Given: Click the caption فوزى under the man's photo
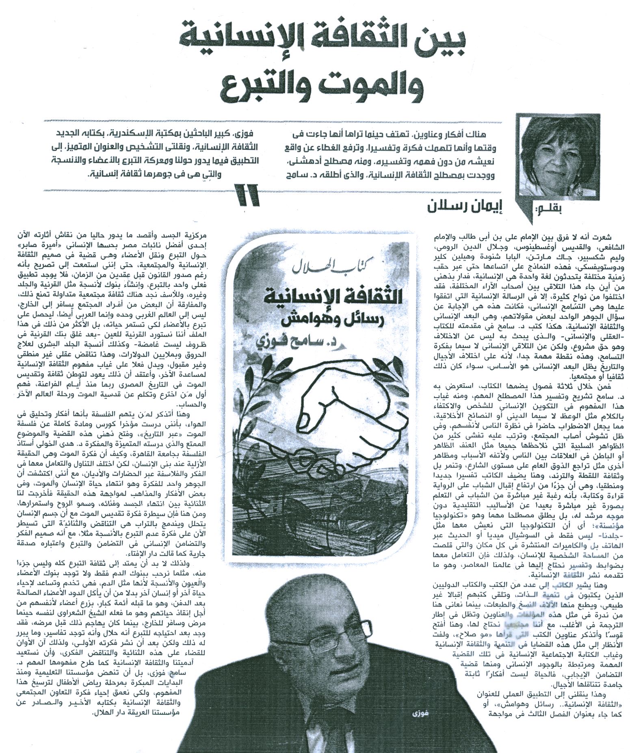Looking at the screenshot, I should pyautogui.click(x=414, y=725).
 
